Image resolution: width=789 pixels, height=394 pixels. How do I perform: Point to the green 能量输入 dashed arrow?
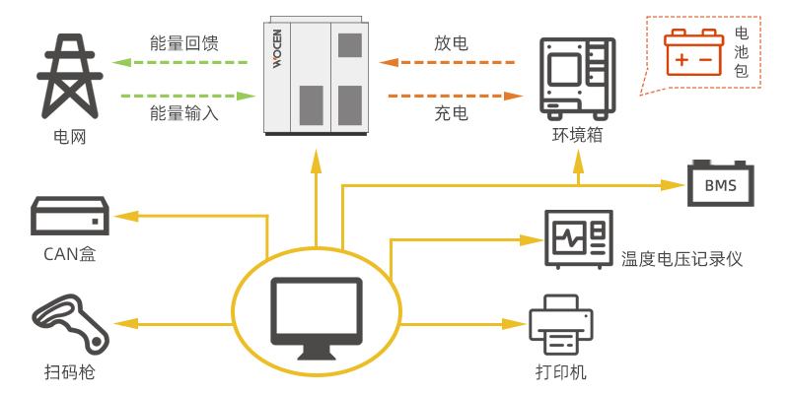[x=183, y=96]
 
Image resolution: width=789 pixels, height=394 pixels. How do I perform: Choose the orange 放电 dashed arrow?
[x=450, y=63]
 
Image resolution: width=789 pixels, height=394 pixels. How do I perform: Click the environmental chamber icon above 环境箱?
[x=577, y=76]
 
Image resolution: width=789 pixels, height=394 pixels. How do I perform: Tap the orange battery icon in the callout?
[x=692, y=50]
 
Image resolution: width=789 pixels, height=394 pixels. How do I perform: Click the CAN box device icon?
[x=69, y=215]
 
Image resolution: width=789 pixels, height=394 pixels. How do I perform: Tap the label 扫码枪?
[x=69, y=371]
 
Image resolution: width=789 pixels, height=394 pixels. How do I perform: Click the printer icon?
[x=561, y=325]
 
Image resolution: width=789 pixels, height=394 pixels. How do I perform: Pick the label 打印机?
[x=561, y=371]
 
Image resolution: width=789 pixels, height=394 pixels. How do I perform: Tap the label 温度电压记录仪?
[x=681, y=259]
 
